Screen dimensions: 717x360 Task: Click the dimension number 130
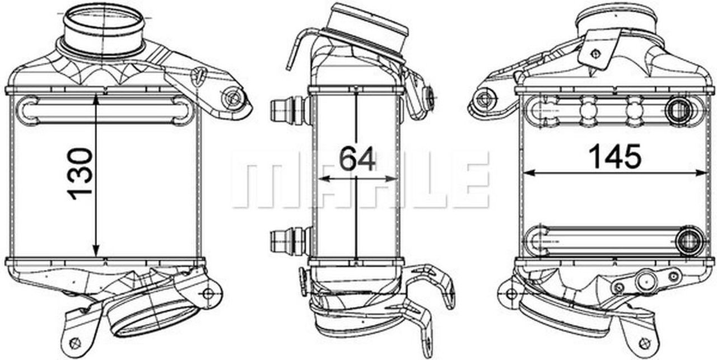pyautogui.click(x=80, y=174)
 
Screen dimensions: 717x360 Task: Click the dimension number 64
pyautogui.click(x=357, y=158)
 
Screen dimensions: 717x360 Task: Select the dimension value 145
pyautogui.click(x=615, y=156)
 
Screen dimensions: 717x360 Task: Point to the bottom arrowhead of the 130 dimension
pyautogui.click(x=96, y=251)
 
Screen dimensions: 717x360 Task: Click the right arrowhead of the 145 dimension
pyautogui.click(x=700, y=173)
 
